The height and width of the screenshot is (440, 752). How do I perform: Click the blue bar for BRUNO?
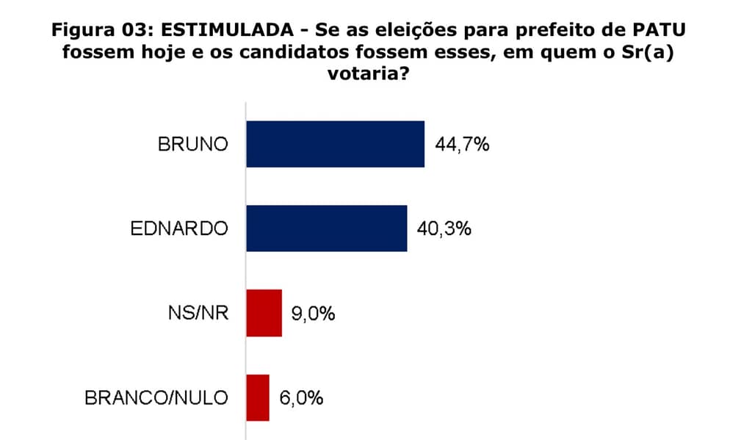tap(335, 144)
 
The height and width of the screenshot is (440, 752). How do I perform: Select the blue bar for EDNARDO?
tap(326, 228)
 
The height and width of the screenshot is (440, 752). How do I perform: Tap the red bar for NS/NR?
tap(264, 313)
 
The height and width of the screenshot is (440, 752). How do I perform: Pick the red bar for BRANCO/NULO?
tap(258, 397)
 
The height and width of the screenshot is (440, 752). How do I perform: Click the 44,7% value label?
tap(462, 144)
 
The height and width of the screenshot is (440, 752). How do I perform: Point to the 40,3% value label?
tap(444, 228)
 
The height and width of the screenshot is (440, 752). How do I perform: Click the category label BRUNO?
tap(193, 144)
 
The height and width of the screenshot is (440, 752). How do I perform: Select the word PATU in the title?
tap(669, 32)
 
